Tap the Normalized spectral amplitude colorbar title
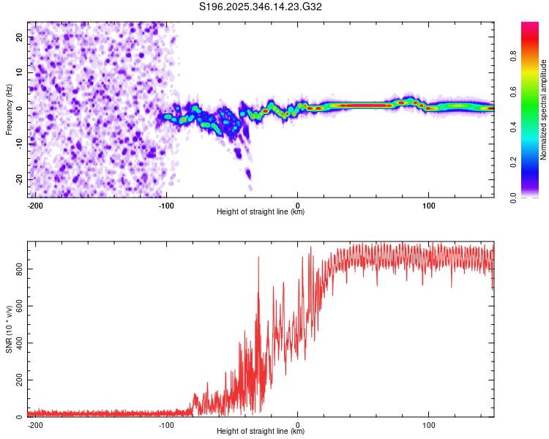543,110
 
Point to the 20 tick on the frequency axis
20,37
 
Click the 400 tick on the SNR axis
18,343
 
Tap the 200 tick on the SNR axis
18,380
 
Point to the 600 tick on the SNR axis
18,307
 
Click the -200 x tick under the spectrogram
35,205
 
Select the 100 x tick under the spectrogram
427,205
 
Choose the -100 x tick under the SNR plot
166,424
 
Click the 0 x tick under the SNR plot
297,424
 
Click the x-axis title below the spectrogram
261,212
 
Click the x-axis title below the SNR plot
261,432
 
